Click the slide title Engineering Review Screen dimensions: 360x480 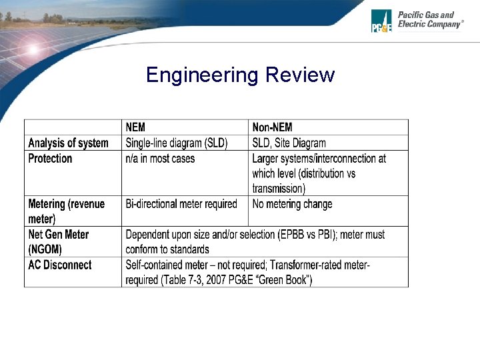click(240, 75)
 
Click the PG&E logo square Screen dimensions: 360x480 click(381, 21)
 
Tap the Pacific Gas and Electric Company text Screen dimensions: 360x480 click(429, 19)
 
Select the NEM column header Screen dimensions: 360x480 click(135, 127)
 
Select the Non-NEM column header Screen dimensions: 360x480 click(272, 127)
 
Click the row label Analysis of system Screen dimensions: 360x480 click(68, 143)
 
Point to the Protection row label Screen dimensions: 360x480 click(50, 159)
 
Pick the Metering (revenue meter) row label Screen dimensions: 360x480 click(66, 211)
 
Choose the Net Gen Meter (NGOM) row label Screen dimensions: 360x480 click(58, 241)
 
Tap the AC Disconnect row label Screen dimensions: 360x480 click(60, 265)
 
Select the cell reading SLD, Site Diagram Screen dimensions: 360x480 click(289, 143)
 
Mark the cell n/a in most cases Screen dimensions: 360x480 click(160, 159)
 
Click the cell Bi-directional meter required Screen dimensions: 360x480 click(181, 204)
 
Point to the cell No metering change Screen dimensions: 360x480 click(292, 204)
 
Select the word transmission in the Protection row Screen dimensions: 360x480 click(278, 189)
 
